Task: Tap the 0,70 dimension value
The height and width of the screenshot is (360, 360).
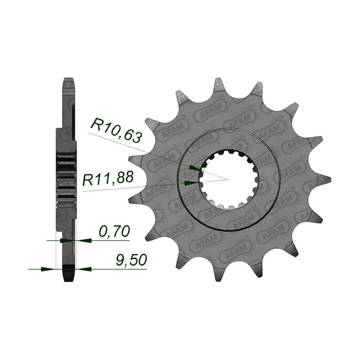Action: click(x=114, y=231)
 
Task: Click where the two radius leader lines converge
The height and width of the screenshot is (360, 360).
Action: click(x=229, y=180)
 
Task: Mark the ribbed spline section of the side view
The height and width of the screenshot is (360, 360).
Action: click(x=66, y=180)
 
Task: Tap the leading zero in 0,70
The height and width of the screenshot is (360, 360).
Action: click(x=103, y=231)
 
